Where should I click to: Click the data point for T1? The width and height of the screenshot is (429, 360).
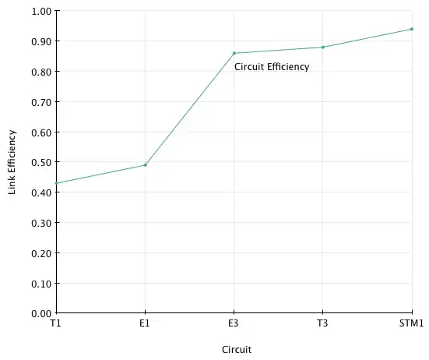pos(57,183)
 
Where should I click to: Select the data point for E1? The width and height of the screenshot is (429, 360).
pos(146,165)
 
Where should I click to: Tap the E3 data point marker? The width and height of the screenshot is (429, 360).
pos(234,53)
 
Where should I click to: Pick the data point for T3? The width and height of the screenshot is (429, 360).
pos(323,47)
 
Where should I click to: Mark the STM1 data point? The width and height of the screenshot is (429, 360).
pos(412,29)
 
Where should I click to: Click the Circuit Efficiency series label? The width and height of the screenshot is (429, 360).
pos(272,67)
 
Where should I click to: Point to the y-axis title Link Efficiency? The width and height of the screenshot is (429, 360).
pos(12,162)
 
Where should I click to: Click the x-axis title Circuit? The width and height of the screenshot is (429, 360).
pos(237,350)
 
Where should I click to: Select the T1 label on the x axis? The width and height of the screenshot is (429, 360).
pos(55,323)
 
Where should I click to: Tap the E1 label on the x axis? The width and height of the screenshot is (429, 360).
pos(145,323)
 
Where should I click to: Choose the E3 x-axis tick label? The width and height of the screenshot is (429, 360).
pos(234,323)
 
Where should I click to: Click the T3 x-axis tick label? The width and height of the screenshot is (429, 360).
pos(322,323)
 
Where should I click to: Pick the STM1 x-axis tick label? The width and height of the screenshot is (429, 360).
pos(412,323)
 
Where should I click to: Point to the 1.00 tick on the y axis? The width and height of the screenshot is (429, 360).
pos(41,11)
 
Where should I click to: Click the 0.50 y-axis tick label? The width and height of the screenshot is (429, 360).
pos(41,162)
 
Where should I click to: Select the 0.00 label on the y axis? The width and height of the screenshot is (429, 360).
pos(41,313)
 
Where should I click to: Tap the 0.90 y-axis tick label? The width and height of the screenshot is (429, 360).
pos(41,41)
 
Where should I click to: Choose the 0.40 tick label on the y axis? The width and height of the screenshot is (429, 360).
pos(41,192)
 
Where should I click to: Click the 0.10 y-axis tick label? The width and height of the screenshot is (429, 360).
pos(41,284)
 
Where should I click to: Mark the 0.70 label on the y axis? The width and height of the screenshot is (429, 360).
pos(41,102)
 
